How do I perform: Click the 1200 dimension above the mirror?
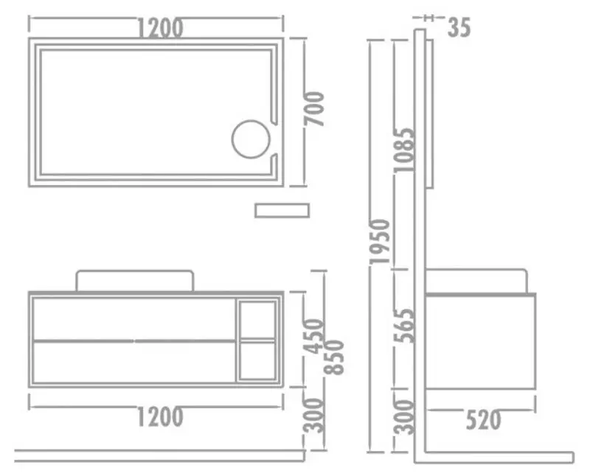pyautogui.click(x=159, y=27)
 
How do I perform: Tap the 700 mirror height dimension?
pyautogui.click(x=314, y=109)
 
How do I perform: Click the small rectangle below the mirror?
pyautogui.click(x=282, y=210)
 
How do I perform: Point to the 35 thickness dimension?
pyautogui.click(x=458, y=27)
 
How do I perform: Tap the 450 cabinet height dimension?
pyautogui.click(x=314, y=335)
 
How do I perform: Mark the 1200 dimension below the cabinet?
pyautogui.click(x=159, y=417)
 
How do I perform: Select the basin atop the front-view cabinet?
pyautogui.click(x=135, y=280)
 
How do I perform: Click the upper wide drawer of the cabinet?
pyautogui.click(x=135, y=318)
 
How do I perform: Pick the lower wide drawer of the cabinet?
pyautogui.click(x=135, y=361)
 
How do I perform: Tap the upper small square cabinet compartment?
pyautogui.click(x=258, y=318)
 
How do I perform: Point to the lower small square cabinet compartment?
pyautogui.click(x=258, y=360)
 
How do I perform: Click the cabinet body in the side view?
pyautogui.click(x=480, y=340)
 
